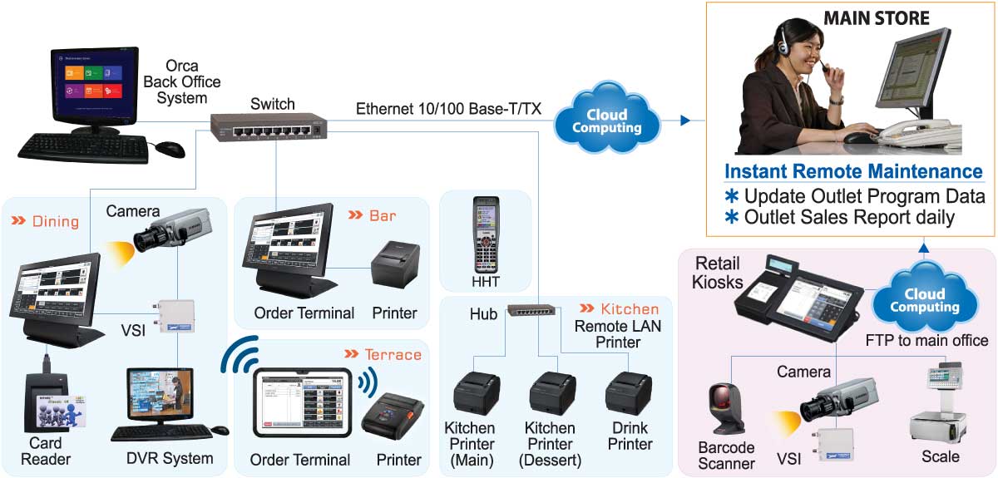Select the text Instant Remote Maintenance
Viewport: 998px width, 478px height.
853,171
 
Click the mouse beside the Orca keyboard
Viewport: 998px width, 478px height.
170,149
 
